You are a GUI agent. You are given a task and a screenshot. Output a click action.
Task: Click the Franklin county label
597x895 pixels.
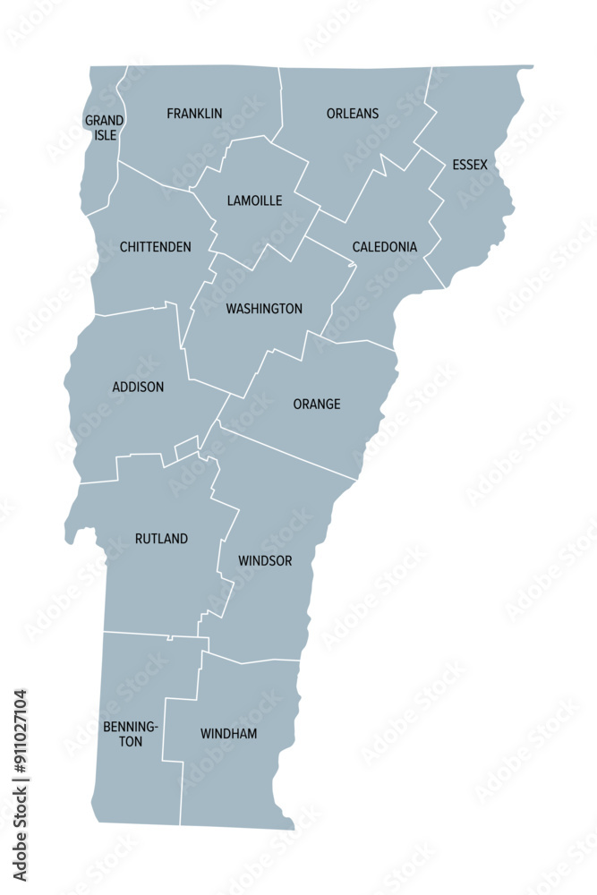coord(194,114)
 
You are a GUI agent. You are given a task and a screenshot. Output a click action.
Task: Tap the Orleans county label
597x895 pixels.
coord(352,114)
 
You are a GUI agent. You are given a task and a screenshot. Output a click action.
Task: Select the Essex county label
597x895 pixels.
coord(470,165)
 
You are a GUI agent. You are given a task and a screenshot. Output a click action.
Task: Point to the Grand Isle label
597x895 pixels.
coord(104,128)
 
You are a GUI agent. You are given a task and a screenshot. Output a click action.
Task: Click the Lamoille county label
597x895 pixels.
coord(254,200)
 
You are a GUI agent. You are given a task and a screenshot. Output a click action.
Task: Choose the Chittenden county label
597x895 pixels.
coord(155,246)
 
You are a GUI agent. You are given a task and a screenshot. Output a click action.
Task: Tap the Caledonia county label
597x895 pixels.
coord(384,246)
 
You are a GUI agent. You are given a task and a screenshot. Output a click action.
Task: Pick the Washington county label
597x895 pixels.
coord(264,309)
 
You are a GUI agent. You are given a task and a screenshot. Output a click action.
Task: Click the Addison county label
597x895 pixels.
coord(138,387)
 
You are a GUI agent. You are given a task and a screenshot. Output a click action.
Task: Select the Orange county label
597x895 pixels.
coord(317,404)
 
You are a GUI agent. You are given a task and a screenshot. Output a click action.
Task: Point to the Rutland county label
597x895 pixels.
coord(161,538)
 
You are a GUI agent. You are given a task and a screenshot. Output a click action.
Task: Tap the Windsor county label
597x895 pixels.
coord(265,560)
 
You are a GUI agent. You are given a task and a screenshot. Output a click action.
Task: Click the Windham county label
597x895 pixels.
coord(228,734)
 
